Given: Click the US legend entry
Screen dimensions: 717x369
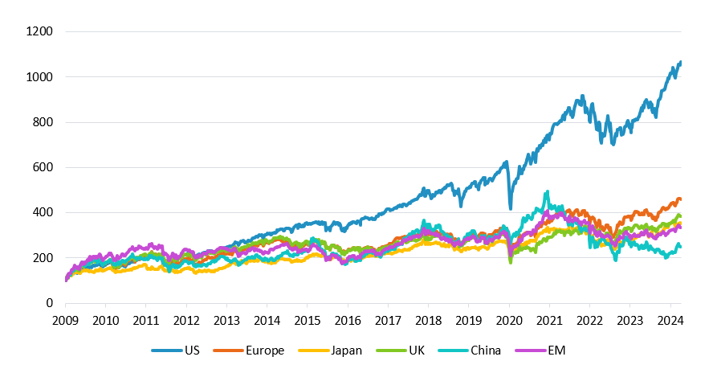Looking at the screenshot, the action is (176, 351).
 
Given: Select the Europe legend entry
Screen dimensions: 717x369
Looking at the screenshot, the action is (249, 351).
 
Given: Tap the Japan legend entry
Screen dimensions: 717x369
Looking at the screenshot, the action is (330, 351).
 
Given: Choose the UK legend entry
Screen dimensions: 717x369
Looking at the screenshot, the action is (400, 351).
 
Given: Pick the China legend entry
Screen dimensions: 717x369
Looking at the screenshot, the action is (469, 351).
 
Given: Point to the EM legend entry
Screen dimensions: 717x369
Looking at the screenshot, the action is (540, 351).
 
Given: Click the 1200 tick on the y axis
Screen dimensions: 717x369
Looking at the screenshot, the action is (40, 31).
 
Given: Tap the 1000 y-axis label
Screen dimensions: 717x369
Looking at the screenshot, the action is (40, 77).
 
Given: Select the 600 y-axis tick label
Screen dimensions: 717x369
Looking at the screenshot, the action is (43, 167).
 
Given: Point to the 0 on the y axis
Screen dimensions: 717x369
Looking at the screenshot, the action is (50, 303).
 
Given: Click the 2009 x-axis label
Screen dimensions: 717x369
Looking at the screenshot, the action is (65, 321).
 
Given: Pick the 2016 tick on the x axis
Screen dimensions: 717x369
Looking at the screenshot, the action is (348, 321).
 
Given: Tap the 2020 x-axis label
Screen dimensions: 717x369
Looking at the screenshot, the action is (509, 321).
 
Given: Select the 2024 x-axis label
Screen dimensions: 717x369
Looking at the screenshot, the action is (670, 321).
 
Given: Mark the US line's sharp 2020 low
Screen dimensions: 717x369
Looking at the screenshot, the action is (511, 209).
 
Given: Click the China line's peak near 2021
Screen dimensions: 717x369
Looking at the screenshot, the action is (547, 192).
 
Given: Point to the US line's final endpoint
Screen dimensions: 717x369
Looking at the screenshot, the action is (680, 62).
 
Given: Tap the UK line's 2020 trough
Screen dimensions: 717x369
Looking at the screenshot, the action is (511, 262).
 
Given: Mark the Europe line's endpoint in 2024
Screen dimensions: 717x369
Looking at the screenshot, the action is (680, 199).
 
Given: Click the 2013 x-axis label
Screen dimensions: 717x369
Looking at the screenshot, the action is (226, 321).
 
